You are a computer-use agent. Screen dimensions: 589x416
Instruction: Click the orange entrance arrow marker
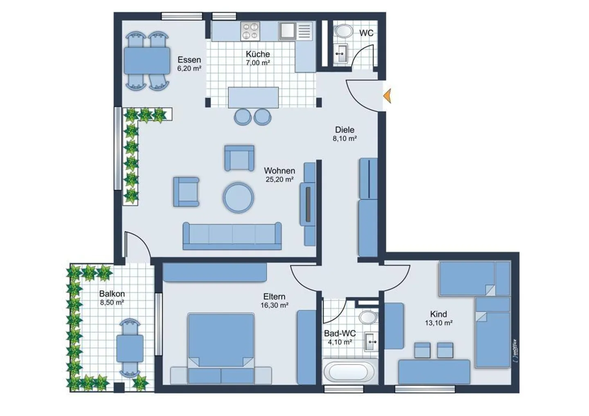[x=387, y=96]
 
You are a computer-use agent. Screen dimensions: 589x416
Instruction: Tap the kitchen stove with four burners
[x=250, y=31]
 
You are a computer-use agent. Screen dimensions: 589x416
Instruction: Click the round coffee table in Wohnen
[x=238, y=197]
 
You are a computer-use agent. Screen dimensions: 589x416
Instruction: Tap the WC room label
[x=366, y=33]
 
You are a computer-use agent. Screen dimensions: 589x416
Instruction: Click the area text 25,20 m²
[x=279, y=180]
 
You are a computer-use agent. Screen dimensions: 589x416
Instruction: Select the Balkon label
[x=112, y=294]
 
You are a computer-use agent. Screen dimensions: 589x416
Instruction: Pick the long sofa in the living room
[x=232, y=236]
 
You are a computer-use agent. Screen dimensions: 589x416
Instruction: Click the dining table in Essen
[x=147, y=61]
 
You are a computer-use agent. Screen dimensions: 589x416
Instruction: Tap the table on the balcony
[x=130, y=348]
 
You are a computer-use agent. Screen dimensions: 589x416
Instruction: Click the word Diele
[x=344, y=130]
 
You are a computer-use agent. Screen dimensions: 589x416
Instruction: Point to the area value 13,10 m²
[x=438, y=323]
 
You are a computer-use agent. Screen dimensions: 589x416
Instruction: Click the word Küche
[x=258, y=54]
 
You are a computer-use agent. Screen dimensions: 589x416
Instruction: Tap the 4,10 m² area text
[x=340, y=342]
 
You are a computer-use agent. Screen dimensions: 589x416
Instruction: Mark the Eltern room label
[x=274, y=296]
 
